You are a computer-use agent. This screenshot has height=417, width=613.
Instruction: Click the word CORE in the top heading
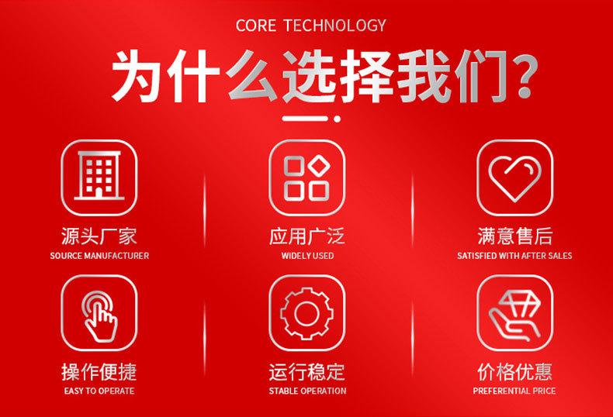coord(256,26)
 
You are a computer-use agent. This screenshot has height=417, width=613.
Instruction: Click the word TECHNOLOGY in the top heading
coord(334,26)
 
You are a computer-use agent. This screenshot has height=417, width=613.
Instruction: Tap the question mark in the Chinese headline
coord(525,75)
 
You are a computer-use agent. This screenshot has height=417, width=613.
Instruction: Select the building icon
coord(99,177)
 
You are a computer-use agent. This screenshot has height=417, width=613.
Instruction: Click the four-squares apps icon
coord(307,177)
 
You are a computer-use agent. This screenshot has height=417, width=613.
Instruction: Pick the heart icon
coord(515,177)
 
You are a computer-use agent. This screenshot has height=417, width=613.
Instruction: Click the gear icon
coord(307,313)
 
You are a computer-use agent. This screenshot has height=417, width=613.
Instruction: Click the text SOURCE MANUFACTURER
coord(99,256)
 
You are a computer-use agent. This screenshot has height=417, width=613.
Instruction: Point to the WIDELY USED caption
coord(307,256)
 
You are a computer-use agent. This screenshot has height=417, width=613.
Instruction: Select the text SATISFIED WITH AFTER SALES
coord(514,256)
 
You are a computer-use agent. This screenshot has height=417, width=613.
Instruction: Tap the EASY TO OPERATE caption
coord(99,391)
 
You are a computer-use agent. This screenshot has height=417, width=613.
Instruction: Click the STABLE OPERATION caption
coord(307,391)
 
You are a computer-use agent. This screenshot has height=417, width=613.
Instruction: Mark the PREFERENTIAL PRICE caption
coord(514,391)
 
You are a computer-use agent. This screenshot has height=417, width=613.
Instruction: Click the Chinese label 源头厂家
coord(99,236)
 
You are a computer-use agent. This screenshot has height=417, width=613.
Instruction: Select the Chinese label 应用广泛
coord(307,236)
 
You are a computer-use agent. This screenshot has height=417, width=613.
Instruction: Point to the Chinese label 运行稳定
coord(307,372)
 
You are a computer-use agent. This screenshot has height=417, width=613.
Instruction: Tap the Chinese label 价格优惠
coord(514,372)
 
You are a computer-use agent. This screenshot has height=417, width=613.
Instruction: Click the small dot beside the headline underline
coord(337,119)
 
